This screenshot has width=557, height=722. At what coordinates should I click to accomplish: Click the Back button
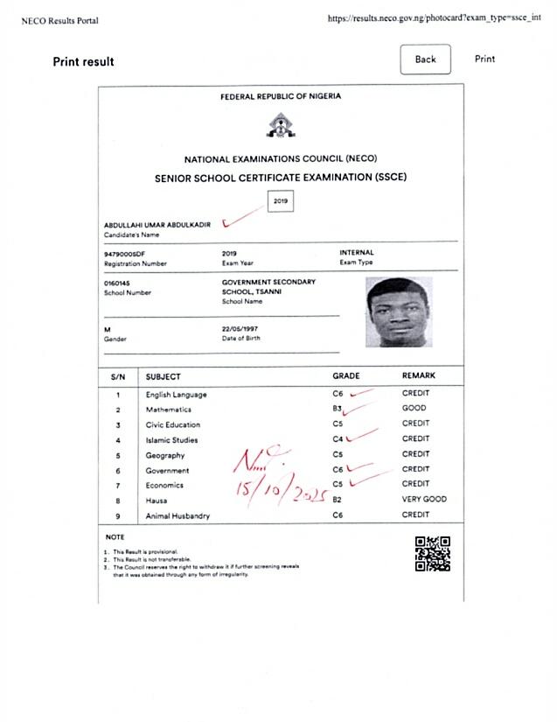coord(425,60)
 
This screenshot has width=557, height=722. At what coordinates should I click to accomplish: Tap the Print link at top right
coord(484,60)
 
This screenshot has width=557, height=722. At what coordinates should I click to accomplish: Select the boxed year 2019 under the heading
coord(281,202)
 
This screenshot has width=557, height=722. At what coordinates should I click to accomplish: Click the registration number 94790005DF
coord(124,253)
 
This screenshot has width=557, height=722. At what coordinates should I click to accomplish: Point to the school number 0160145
coord(116,283)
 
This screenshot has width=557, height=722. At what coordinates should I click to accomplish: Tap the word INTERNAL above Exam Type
coord(356,253)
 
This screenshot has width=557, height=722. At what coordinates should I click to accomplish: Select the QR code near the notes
coord(432,554)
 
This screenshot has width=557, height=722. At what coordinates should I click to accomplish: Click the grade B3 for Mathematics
coord(337,409)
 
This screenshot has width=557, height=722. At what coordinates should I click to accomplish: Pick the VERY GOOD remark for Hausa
coord(424,500)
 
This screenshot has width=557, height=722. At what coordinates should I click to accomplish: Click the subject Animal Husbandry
coord(178,516)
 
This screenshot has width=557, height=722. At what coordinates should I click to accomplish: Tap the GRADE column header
coord(345,376)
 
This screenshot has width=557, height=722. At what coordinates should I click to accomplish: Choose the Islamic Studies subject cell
coord(171,440)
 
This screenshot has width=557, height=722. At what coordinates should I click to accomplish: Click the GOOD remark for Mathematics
coord(414,409)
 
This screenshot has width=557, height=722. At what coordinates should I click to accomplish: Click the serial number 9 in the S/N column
coord(117,516)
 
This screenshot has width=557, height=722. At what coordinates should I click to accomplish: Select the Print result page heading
coord(83,62)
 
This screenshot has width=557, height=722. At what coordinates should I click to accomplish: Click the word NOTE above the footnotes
coord(115,536)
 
